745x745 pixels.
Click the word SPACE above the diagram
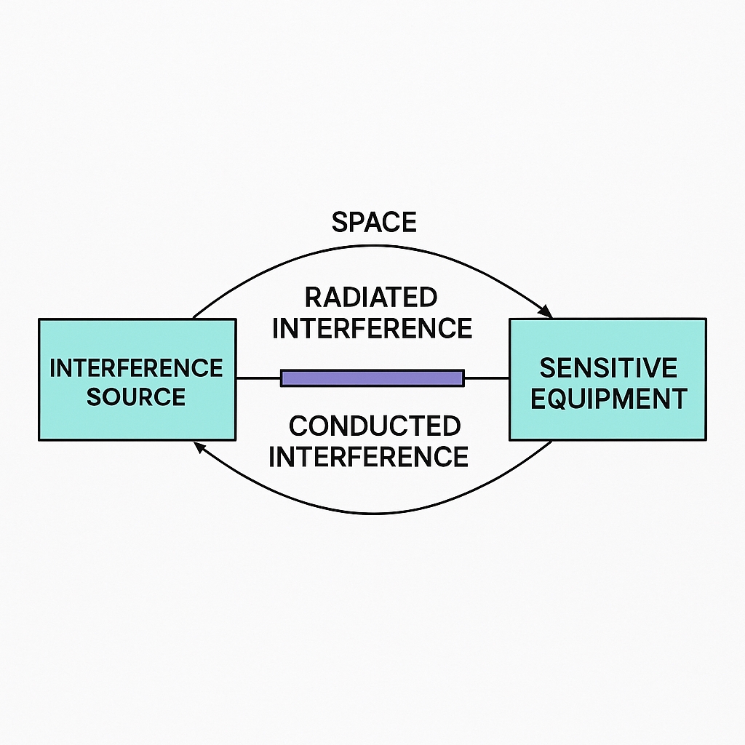(374, 222)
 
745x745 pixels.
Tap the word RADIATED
(371, 297)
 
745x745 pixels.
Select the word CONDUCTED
(374, 426)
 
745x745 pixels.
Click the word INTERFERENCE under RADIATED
(372, 328)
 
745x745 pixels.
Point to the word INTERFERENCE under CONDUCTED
(369, 457)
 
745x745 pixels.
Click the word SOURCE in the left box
(136, 397)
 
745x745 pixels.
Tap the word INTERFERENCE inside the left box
(136, 368)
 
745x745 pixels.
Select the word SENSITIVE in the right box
(607, 368)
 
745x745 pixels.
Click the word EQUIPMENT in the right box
(608, 399)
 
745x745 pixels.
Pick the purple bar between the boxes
(372, 378)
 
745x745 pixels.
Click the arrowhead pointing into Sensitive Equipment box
(546, 313)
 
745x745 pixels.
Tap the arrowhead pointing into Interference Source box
(198, 445)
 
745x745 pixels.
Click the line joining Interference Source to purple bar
(258, 378)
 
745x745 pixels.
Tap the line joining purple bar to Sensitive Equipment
(486, 378)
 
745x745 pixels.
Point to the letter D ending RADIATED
(429, 297)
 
